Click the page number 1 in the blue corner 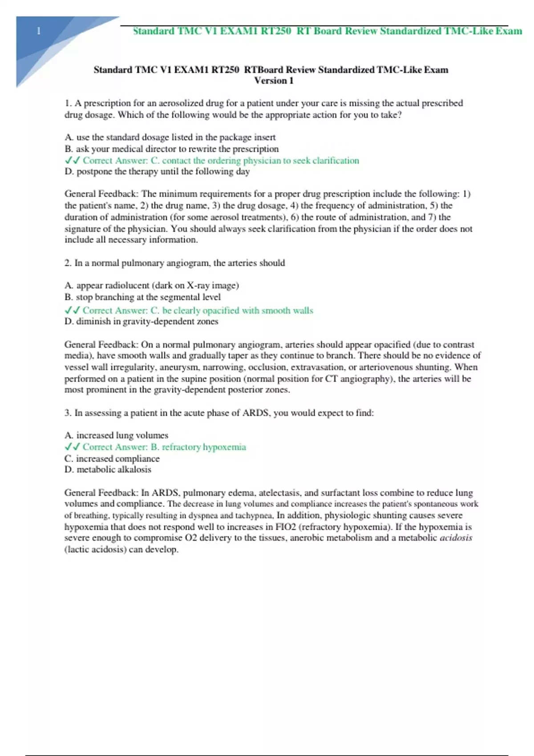tap(39, 31)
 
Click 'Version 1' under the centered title tap(274, 80)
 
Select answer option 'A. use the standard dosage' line tap(170, 137)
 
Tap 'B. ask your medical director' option tap(171, 149)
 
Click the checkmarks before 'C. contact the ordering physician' tap(72, 161)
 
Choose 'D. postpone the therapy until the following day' tap(157, 172)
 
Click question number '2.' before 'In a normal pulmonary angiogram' tap(68, 263)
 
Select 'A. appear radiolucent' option tap(152, 286)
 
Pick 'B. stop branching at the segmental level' tap(142, 297)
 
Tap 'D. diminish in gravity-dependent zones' tap(142, 322)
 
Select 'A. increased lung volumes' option tap(117, 435)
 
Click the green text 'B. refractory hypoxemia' tap(198, 447)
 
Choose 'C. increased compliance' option tap(112, 458)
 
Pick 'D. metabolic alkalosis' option tap(108, 470)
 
